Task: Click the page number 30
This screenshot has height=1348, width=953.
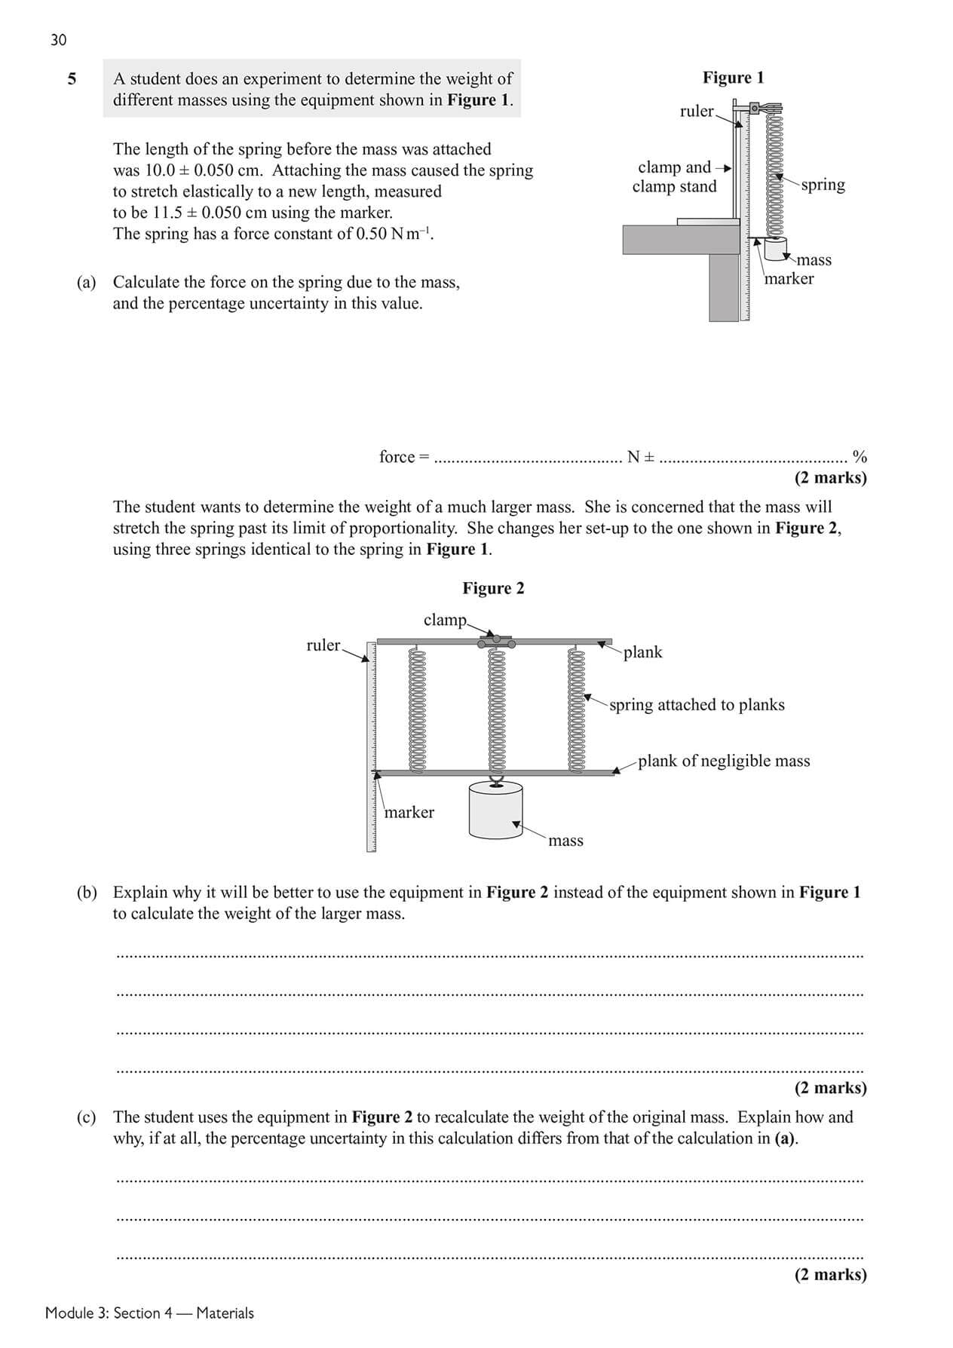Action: coord(58,40)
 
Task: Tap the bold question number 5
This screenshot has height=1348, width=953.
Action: coord(72,78)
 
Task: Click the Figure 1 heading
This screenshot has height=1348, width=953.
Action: coord(733,78)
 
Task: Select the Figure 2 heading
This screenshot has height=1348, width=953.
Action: coord(493,588)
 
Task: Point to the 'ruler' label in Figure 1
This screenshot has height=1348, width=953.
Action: coord(696,112)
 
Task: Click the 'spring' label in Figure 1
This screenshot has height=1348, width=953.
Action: coord(823,185)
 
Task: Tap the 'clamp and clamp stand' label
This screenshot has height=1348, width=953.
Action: coord(674,176)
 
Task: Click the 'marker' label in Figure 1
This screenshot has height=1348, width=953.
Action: coord(789,279)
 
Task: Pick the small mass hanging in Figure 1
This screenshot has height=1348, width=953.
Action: coord(774,250)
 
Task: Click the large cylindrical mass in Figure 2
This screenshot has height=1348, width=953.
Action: coord(495,810)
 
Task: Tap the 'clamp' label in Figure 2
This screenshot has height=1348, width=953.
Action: coord(445,620)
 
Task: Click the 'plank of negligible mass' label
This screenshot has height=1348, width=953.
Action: coord(724,761)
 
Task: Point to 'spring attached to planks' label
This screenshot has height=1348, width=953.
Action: coord(697,705)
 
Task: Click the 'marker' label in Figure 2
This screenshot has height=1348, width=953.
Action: coord(409,813)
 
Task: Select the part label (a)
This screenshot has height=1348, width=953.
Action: coord(87,282)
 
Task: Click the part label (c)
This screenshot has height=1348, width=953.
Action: coord(87,1117)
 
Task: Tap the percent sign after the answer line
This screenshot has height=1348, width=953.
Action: coord(859,457)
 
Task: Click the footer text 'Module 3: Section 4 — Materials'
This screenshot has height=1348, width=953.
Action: coord(149,1313)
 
